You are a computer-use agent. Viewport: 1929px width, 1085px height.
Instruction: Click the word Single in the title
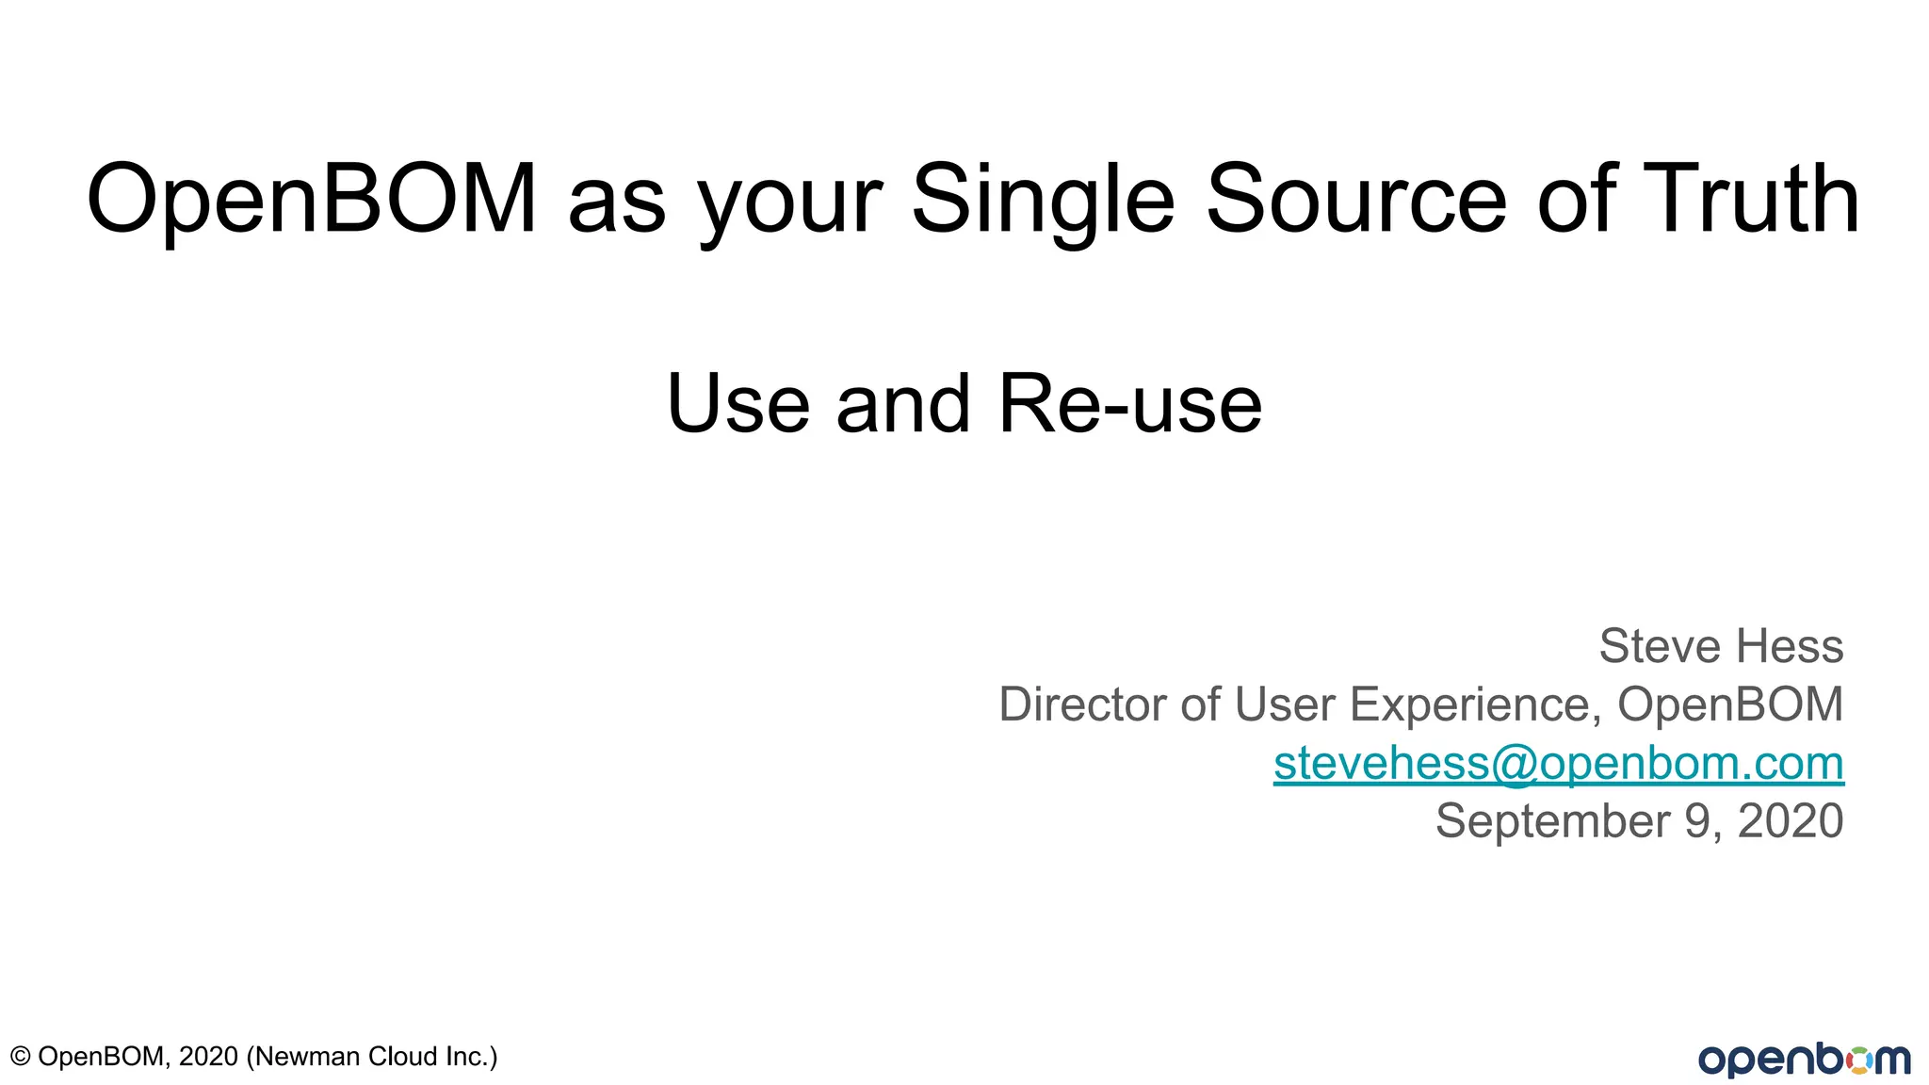[1044, 200]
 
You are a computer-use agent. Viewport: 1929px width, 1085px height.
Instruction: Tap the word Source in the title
[1356, 200]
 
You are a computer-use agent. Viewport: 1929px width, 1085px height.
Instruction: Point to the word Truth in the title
[1753, 200]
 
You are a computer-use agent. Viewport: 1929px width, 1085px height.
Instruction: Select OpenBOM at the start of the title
[312, 200]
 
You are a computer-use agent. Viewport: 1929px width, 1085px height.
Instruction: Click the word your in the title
[789, 205]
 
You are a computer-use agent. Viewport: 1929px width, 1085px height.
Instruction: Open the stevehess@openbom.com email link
[1558, 763]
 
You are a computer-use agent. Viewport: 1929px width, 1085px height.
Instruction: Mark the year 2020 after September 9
[1790, 821]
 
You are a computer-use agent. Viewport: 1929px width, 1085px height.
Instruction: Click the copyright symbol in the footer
[20, 1057]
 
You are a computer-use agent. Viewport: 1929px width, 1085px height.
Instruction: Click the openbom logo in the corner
[1804, 1060]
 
